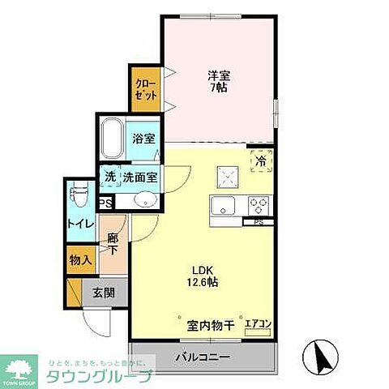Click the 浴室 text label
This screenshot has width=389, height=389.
click(143, 139)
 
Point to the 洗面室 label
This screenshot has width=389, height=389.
click(140, 177)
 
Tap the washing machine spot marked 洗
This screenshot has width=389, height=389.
click(108, 177)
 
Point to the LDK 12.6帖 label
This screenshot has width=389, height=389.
click(203, 277)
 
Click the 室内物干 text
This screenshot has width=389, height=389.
click(211, 326)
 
